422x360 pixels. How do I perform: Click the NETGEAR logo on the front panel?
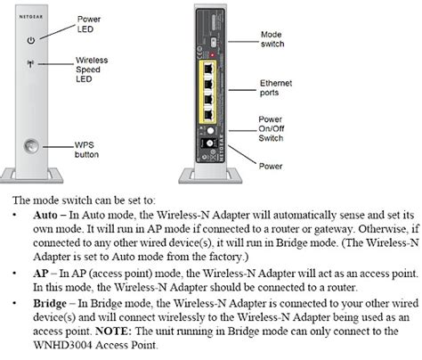(x=31, y=17)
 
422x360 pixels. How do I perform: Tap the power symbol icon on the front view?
(x=31, y=40)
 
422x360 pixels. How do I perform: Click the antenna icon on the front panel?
(x=30, y=63)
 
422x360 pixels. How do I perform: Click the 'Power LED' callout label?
(x=89, y=24)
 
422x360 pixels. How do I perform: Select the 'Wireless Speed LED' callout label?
(x=92, y=70)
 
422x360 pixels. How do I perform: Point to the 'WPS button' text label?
(x=86, y=150)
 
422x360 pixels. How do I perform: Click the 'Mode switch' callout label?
(x=272, y=39)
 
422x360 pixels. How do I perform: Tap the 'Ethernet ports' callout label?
(x=276, y=87)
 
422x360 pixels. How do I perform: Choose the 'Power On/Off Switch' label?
(x=271, y=128)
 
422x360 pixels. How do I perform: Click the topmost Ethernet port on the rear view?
(x=209, y=69)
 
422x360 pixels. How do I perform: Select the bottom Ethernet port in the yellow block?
(x=209, y=114)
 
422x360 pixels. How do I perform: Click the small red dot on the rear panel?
(x=213, y=55)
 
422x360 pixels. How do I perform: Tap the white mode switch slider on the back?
(x=213, y=42)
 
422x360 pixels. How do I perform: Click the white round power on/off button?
(x=210, y=130)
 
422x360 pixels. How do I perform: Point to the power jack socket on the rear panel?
(x=209, y=143)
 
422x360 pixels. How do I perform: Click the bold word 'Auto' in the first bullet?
(x=45, y=215)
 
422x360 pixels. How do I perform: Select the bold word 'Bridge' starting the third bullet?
(x=50, y=303)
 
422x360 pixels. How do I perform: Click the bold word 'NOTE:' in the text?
(x=113, y=331)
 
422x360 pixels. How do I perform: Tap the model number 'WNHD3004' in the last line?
(x=62, y=345)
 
